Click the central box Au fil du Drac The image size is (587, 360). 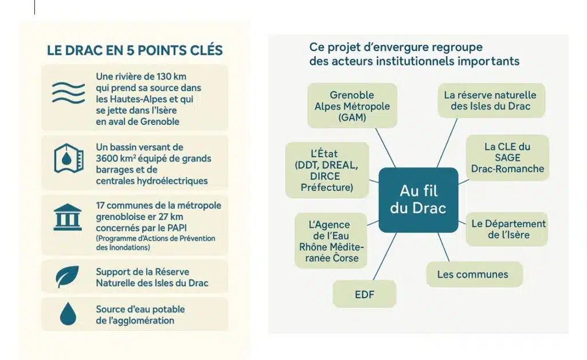pos(418,199)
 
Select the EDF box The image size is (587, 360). pos(364,294)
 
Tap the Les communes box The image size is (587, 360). pos(474,275)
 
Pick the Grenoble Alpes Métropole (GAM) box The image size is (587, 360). pos(353,106)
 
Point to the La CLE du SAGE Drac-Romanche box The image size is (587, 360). pos(507,158)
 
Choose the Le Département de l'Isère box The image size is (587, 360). pos(507,229)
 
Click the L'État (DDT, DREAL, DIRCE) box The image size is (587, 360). pos(327,170)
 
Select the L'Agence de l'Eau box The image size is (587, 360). pos(331,241)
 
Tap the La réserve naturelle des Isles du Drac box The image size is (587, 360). pos(491,101)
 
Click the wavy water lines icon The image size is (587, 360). pos(68,92)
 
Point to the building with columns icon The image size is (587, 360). pos(68,217)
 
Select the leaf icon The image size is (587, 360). pos(68,276)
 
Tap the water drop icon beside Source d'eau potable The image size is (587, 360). pos(68,314)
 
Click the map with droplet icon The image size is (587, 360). pos(69,158)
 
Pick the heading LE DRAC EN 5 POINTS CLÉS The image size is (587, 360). pos(135,50)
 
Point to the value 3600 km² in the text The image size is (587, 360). pos(112,158)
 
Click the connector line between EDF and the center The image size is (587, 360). pos(385,256)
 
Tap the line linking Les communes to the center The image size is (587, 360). pos(444,247)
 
